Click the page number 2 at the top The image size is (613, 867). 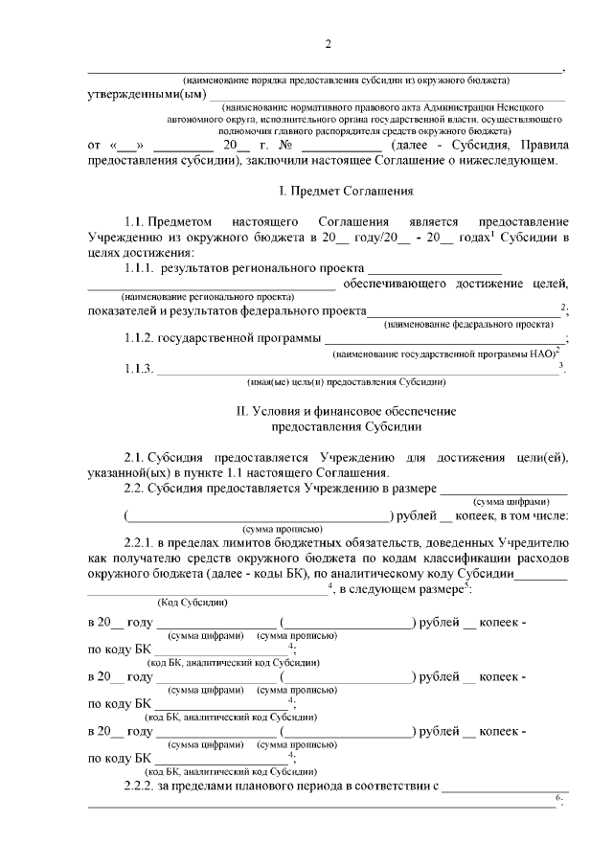[328, 45]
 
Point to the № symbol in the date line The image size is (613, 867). [284, 145]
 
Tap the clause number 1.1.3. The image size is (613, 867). [138, 370]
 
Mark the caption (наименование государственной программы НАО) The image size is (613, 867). [444, 354]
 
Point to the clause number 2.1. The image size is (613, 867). [133, 457]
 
